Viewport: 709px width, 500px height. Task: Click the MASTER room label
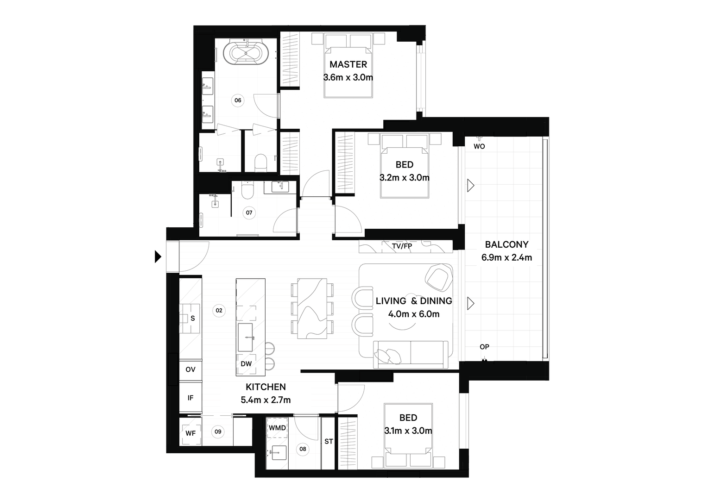[x=348, y=64]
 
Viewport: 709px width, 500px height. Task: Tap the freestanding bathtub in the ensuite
[x=246, y=54]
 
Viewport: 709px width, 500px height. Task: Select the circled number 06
[x=238, y=100]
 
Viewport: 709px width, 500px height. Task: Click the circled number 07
[x=249, y=212]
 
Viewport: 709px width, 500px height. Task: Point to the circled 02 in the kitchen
[x=219, y=311]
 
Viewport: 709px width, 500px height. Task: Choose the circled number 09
[x=218, y=431]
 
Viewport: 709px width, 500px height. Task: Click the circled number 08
[x=303, y=449]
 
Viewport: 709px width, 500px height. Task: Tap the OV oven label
[x=190, y=369]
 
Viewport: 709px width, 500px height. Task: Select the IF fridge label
[x=190, y=398]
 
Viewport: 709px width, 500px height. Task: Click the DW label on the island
[x=246, y=364]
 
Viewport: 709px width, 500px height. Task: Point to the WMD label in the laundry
[x=277, y=428]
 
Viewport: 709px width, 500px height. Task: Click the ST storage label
[x=329, y=441]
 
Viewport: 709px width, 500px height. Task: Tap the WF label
[x=190, y=433]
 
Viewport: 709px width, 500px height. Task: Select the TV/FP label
[x=402, y=246]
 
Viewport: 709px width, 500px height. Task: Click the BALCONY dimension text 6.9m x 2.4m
[x=507, y=257]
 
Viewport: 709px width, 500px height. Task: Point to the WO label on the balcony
[x=479, y=146]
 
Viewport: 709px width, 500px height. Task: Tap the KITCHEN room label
[x=266, y=387]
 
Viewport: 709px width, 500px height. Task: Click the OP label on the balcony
[x=484, y=347]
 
